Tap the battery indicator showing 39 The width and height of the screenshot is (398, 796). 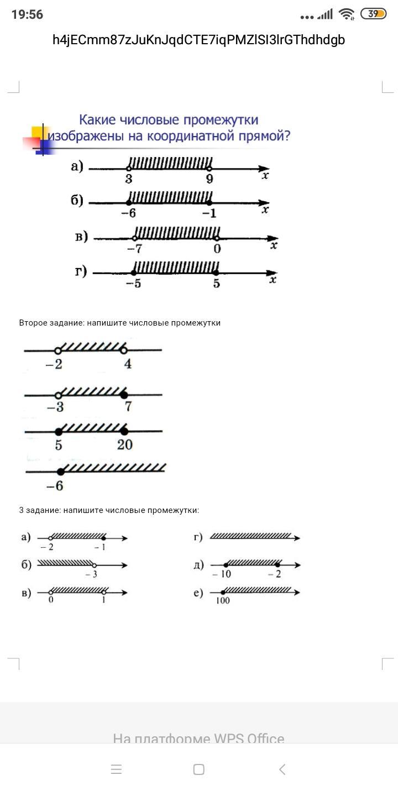click(x=373, y=14)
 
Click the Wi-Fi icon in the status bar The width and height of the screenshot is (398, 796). click(x=347, y=14)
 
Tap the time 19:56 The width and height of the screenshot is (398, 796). click(x=27, y=14)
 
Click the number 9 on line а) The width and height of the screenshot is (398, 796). click(x=210, y=179)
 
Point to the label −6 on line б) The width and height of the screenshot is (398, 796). click(x=128, y=213)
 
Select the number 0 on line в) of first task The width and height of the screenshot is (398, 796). click(x=217, y=249)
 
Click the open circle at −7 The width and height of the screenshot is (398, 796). click(x=135, y=238)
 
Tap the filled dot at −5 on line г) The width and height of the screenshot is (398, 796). click(x=133, y=273)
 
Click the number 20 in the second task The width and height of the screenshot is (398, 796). click(x=125, y=445)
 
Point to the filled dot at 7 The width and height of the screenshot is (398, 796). click(x=124, y=395)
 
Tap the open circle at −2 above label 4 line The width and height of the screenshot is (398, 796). click(x=57, y=350)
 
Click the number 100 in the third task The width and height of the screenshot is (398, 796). click(x=223, y=601)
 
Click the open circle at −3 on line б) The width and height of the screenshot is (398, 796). click(x=95, y=565)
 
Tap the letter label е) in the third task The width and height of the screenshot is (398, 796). click(x=198, y=593)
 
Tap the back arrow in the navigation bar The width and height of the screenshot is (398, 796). click(x=282, y=769)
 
